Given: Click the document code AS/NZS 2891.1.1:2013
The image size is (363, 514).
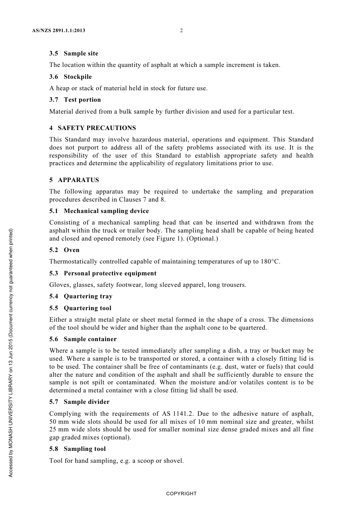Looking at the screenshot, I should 58,31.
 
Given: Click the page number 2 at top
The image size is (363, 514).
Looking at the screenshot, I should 181,31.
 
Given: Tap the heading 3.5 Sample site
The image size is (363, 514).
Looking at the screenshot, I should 74,54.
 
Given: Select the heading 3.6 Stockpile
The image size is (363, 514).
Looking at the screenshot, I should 70,77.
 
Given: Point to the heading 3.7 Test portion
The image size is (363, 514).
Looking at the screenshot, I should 75,100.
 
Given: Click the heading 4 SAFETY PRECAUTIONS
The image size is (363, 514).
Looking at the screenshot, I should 92,128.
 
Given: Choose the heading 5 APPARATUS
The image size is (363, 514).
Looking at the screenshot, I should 74,180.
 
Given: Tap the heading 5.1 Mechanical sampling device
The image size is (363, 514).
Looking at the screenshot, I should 99,211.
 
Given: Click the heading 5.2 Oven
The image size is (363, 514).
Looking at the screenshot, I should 64,250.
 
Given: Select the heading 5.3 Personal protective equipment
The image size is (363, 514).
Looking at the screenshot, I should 103,273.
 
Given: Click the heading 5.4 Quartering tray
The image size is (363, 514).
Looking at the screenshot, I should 81,296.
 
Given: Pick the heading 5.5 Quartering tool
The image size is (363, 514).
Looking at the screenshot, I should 80,308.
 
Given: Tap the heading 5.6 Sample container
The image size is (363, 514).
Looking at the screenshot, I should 83,339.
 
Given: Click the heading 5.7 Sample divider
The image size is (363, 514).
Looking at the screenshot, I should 79,402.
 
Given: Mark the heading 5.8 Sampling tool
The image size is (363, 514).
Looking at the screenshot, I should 78,449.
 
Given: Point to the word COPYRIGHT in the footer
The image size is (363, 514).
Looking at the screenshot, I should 181,494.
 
